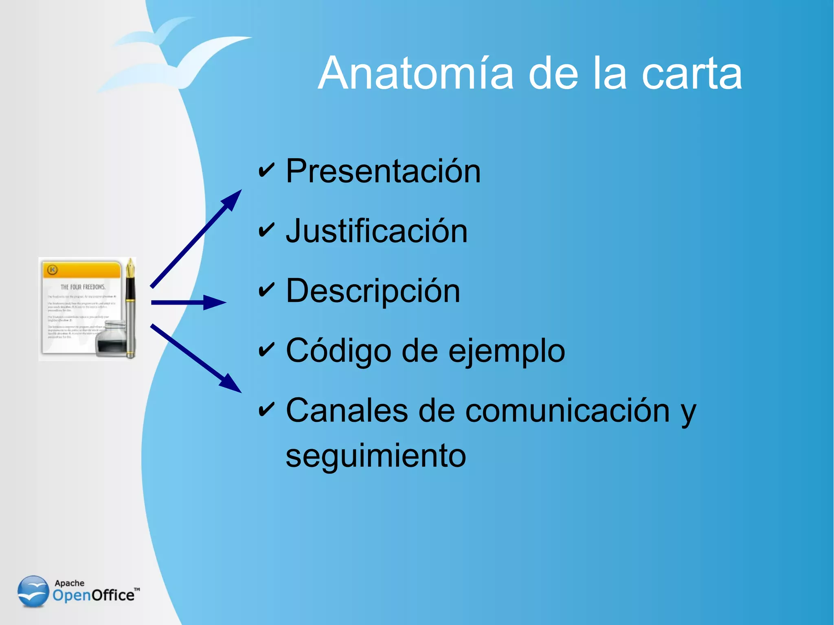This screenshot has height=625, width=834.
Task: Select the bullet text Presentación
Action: (x=383, y=171)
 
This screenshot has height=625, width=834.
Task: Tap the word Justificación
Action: (x=377, y=231)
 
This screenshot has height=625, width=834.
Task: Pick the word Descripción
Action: (x=373, y=291)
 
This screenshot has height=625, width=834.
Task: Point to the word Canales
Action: (x=347, y=410)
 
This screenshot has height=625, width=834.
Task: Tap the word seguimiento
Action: (x=375, y=456)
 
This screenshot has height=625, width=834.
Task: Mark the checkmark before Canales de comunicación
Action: (x=266, y=410)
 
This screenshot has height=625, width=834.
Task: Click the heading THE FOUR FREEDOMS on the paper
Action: (x=83, y=287)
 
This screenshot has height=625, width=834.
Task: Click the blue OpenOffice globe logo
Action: (x=33, y=591)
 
